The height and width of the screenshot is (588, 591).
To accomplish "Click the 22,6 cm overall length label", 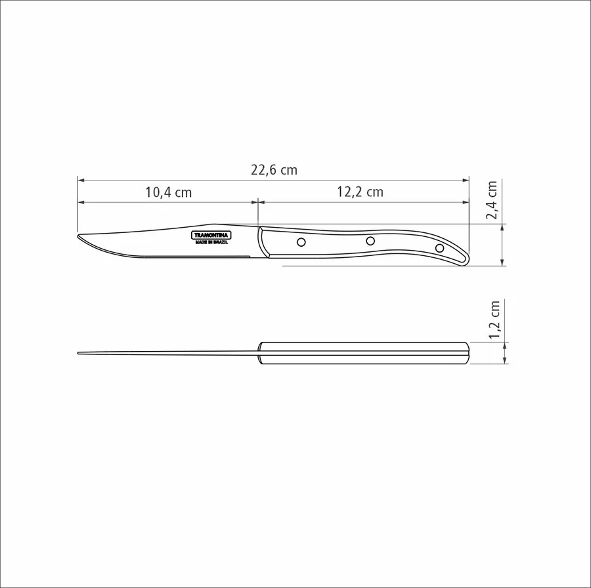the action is (274, 170).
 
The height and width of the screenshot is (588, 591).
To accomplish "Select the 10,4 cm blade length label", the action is (169, 193).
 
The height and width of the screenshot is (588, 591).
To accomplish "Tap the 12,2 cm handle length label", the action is (360, 192).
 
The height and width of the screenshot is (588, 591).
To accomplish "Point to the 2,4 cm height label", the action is (492, 199).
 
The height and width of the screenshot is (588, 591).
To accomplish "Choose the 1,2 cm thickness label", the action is (494, 320).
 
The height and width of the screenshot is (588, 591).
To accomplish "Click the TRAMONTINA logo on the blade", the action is (211, 236).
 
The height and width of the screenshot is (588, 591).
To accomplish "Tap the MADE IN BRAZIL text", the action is (211, 243).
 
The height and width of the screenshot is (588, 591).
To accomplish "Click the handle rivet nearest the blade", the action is (301, 242).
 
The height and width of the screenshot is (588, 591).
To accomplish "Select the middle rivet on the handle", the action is (370, 241).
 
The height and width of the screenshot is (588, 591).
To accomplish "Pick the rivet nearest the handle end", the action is (439, 248).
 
